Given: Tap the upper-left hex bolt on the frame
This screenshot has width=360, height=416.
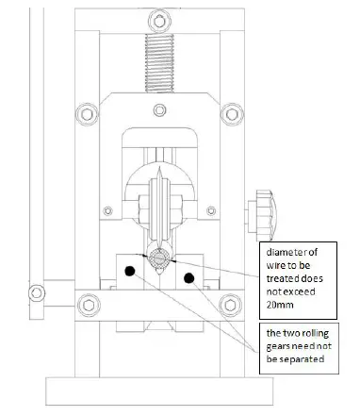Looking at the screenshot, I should point(88,114).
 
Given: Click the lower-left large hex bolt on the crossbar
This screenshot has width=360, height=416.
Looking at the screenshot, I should point(89,304).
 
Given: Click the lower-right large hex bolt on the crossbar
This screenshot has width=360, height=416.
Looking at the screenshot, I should point(227,304).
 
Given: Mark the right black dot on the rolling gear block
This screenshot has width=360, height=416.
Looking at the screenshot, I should point(189,277).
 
